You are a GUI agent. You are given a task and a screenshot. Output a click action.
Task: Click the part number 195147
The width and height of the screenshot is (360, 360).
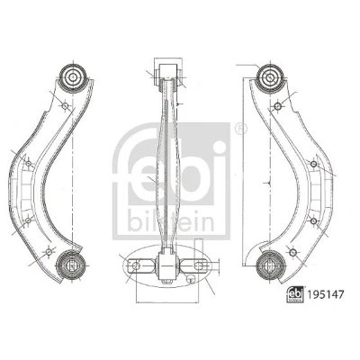[x=325, y=294]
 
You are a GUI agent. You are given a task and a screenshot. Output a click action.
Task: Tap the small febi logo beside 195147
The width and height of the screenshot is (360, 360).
[x=295, y=294]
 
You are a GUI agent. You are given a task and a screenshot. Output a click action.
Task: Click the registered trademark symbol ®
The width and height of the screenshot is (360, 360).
[x=241, y=129]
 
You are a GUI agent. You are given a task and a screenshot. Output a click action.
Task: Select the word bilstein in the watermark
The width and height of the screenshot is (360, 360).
[x=171, y=222]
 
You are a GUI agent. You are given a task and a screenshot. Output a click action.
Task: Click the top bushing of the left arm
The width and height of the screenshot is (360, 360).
[x=73, y=77]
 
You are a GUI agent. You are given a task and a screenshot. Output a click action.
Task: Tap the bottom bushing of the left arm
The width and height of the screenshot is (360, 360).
[x=71, y=265]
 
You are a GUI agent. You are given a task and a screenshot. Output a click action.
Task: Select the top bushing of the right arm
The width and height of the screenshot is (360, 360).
[x=270, y=78]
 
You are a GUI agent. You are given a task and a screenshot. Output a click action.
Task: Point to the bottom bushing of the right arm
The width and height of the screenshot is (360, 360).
[x=270, y=265]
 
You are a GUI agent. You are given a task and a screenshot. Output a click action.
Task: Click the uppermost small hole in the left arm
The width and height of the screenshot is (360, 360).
[x=65, y=106]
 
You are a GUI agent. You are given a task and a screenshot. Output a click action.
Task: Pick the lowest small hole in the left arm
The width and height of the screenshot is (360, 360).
[x=49, y=252]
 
